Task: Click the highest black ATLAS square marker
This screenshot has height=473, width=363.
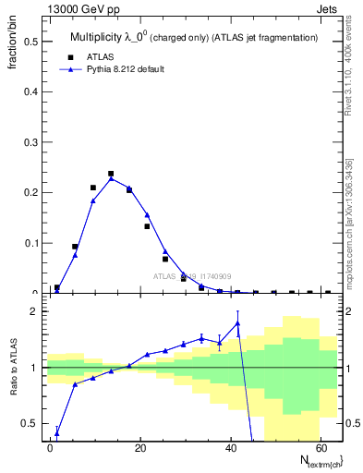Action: (x=111, y=174)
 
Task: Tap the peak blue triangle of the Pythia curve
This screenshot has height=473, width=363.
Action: (x=111, y=178)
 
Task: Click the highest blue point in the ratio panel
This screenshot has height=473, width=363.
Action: (x=237, y=322)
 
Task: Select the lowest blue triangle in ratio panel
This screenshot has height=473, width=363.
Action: (x=57, y=432)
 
